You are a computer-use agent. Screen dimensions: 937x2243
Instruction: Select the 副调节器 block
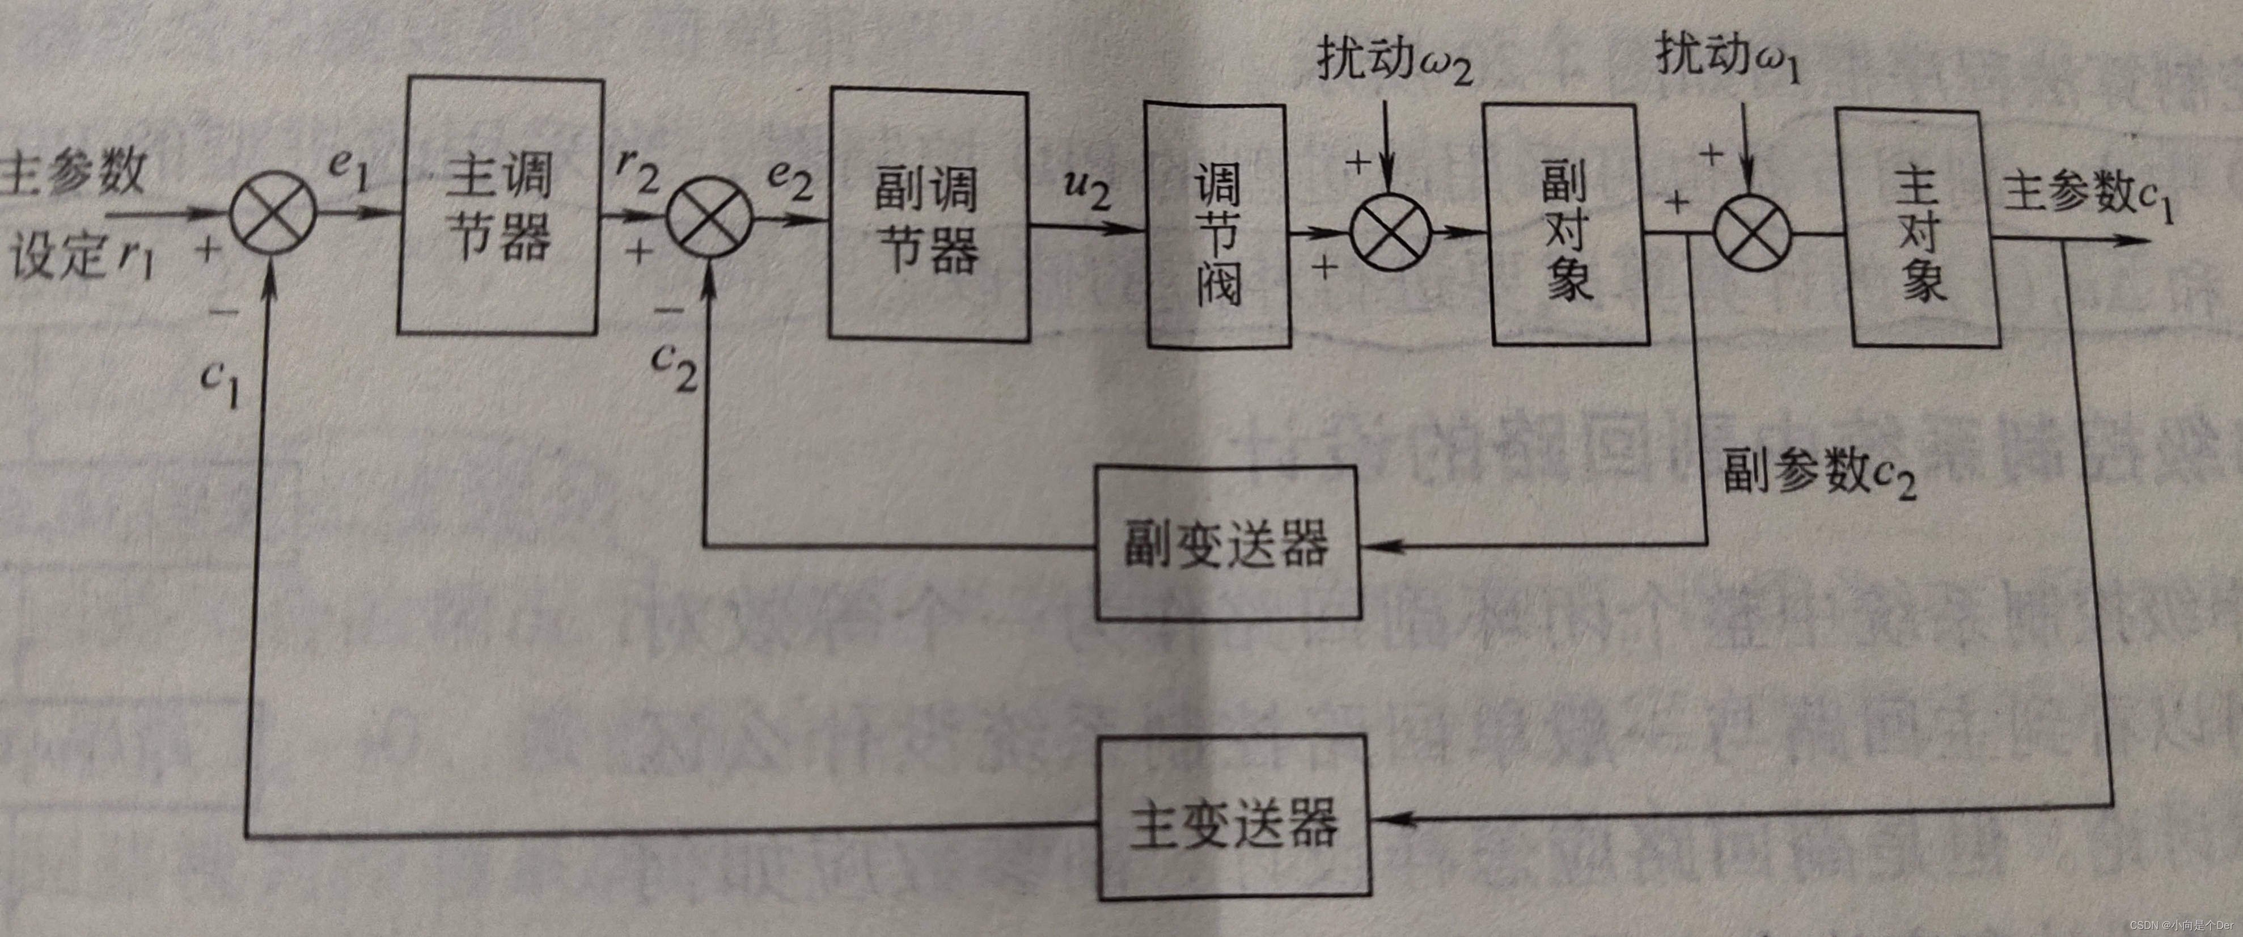pyautogui.click(x=928, y=214)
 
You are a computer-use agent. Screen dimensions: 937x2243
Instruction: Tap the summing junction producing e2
pyautogui.click(x=709, y=218)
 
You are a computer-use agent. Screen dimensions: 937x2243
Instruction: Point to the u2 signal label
pyautogui.click(x=1087, y=191)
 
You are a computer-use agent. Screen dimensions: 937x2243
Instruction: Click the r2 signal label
pyautogui.click(x=636, y=172)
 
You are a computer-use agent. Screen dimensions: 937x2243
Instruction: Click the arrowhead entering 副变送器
pyautogui.click(x=1376, y=546)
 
